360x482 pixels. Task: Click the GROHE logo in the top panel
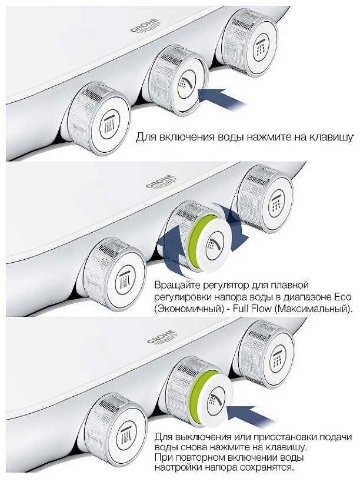click(145, 26)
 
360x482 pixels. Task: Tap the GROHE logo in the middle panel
click(161, 182)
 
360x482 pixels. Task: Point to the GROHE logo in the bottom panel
click(162, 337)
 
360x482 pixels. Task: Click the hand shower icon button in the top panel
click(186, 84)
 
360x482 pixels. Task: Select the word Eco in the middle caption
click(342, 297)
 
